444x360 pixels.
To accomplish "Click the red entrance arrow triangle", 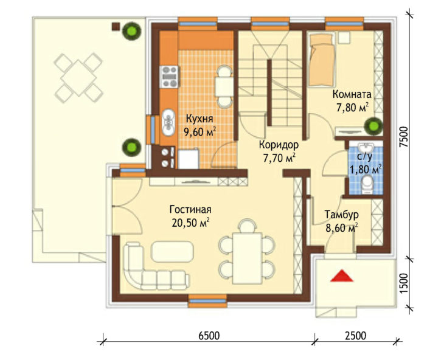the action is pos(342,276).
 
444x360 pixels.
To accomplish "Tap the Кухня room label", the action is pos(199,119).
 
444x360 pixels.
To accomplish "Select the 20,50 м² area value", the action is pos(190,223).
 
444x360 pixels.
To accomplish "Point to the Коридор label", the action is pos(279,145).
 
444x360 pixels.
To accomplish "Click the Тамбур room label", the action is pos(341,215).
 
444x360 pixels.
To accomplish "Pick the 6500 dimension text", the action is pos(209,336).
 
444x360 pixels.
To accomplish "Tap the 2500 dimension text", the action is pos(356,336).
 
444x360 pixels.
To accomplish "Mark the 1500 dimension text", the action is pos(404,284).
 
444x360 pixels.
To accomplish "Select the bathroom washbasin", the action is pos(366,147).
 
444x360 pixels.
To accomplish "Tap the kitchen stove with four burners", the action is pos(169,77).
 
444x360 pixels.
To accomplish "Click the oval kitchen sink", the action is pos(168,122).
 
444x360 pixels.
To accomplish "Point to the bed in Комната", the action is pos(321,60).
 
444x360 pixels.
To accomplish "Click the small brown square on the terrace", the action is pos(116,26).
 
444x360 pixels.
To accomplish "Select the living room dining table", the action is pos(248,258).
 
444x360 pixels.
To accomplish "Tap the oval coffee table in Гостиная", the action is pos(173,251).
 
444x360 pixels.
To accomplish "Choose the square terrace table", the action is pos(78,78).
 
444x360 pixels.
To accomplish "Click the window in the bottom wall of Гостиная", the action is pos(207,301).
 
